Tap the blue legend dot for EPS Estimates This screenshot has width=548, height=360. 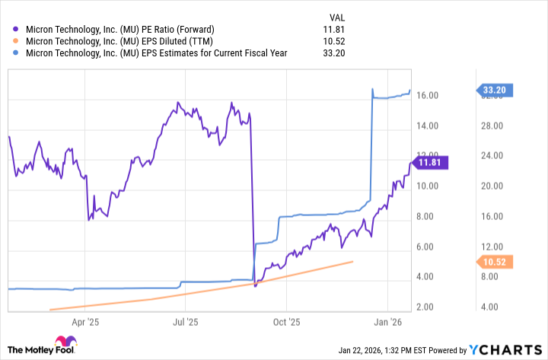(17, 53)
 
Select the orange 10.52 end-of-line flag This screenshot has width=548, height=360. (495, 263)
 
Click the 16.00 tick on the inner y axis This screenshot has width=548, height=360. (426, 96)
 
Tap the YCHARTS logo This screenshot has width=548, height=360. (503, 349)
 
